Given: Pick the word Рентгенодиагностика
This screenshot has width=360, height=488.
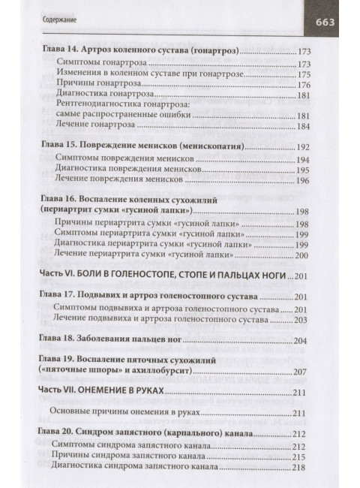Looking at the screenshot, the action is coord(103,107).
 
